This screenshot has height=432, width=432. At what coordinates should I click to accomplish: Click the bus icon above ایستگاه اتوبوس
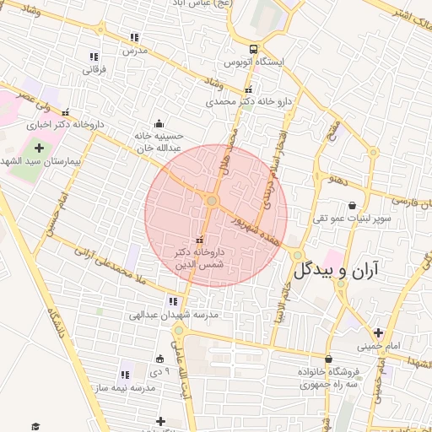click(x=254, y=48)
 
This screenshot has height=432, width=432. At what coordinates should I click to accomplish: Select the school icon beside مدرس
click(x=134, y=37)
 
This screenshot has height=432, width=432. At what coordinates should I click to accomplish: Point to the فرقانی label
click(x=92, y=69)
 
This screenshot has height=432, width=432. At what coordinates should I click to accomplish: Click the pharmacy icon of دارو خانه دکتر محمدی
click(x=247, y=90)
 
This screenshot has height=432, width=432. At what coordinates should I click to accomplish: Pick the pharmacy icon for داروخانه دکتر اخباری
click(x=66, y=112)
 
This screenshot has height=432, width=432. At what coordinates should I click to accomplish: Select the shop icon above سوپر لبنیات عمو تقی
click(x=352, y=205)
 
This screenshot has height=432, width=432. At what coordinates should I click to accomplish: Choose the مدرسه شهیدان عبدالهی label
click(x=174, y=315)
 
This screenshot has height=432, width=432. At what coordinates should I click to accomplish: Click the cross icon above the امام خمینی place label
click(x=378, y=332)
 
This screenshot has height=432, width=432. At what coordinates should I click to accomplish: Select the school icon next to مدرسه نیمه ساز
click(x=126, y=375)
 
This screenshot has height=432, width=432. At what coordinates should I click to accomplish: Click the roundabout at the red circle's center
click(x=213, y=201)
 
